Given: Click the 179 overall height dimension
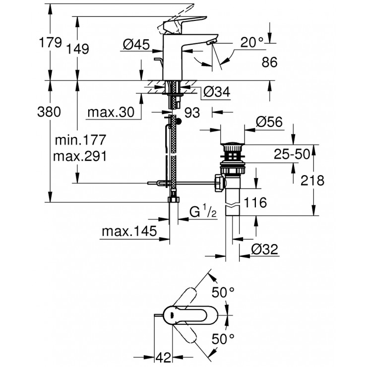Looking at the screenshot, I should click(x=50, y=43).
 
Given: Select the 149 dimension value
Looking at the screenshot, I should click(x=78, y=49).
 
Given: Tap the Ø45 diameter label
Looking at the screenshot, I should click(x=136, y=45).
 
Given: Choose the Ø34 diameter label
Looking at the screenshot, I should click(x=216, y=91).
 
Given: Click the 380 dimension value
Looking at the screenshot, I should click(x=50, y=113).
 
